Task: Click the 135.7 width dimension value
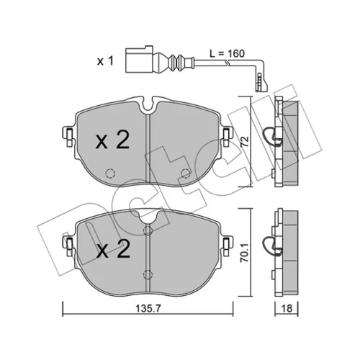pos(148,308)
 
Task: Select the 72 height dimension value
pos(245,142)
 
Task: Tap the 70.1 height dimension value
pos(246,254)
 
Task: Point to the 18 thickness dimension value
pos(287,308)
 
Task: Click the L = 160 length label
pos(227,53)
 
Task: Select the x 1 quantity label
pos(105,61)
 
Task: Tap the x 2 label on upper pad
pos(112,140)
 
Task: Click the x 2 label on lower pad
pos(113,249)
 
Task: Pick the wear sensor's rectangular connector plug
pos(139,59)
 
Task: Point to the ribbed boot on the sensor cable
pos(177,62)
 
